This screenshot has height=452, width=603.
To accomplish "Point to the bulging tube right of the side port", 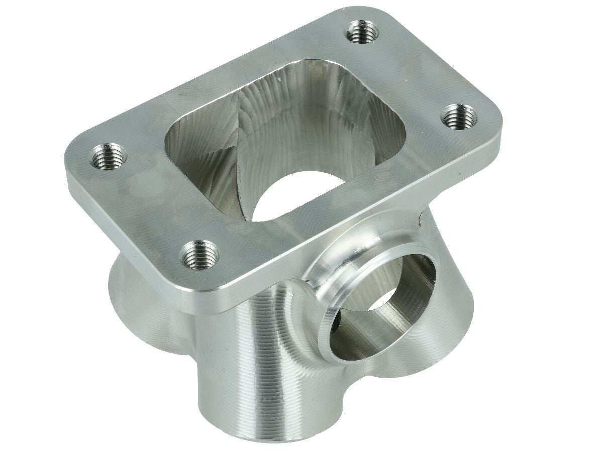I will click(447, 311).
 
